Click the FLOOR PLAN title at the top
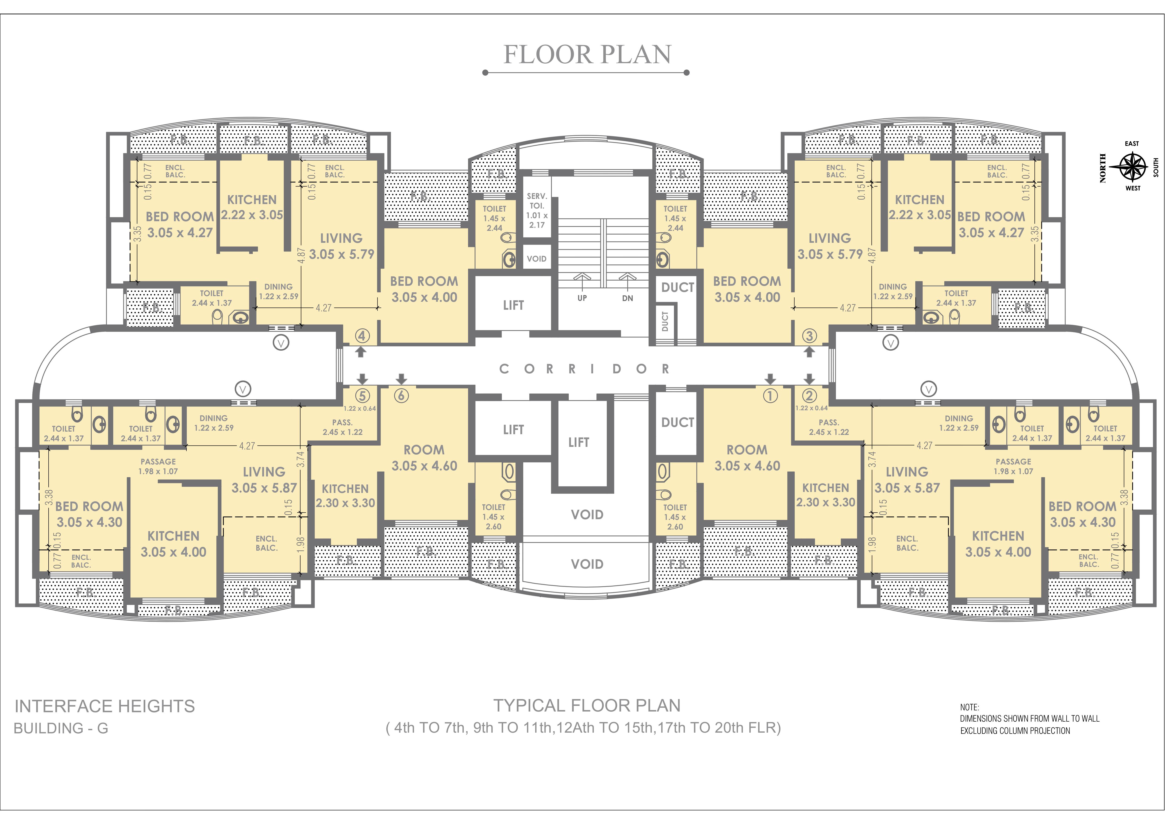point(587,55)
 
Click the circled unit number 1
point(770,395)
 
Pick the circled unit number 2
point(809,395)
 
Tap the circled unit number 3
point(809,336)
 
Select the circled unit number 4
point(362,336)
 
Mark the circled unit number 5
point(362,395)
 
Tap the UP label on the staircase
point(582,298)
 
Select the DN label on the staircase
point(628,298)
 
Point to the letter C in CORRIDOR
point(504,369)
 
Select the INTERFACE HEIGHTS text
point(104,706)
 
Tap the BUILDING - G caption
point(61,729)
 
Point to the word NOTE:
point(969,707)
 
